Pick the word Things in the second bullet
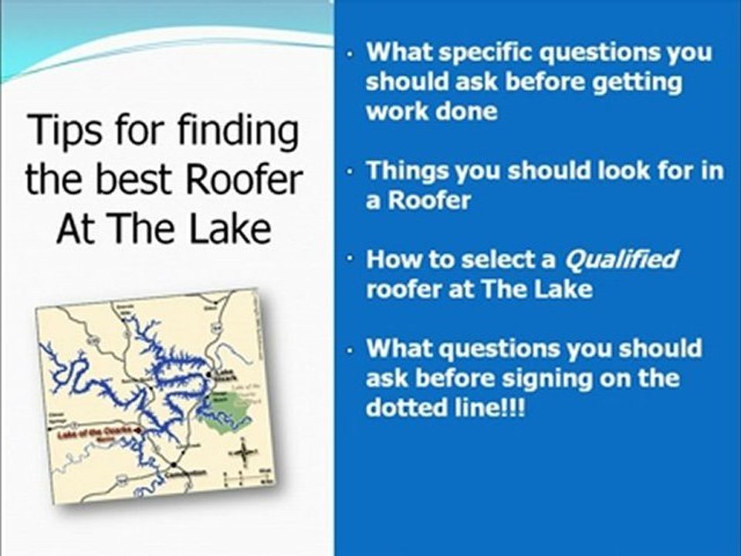[x=408, y=171]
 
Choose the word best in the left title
[x=117, y=180]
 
